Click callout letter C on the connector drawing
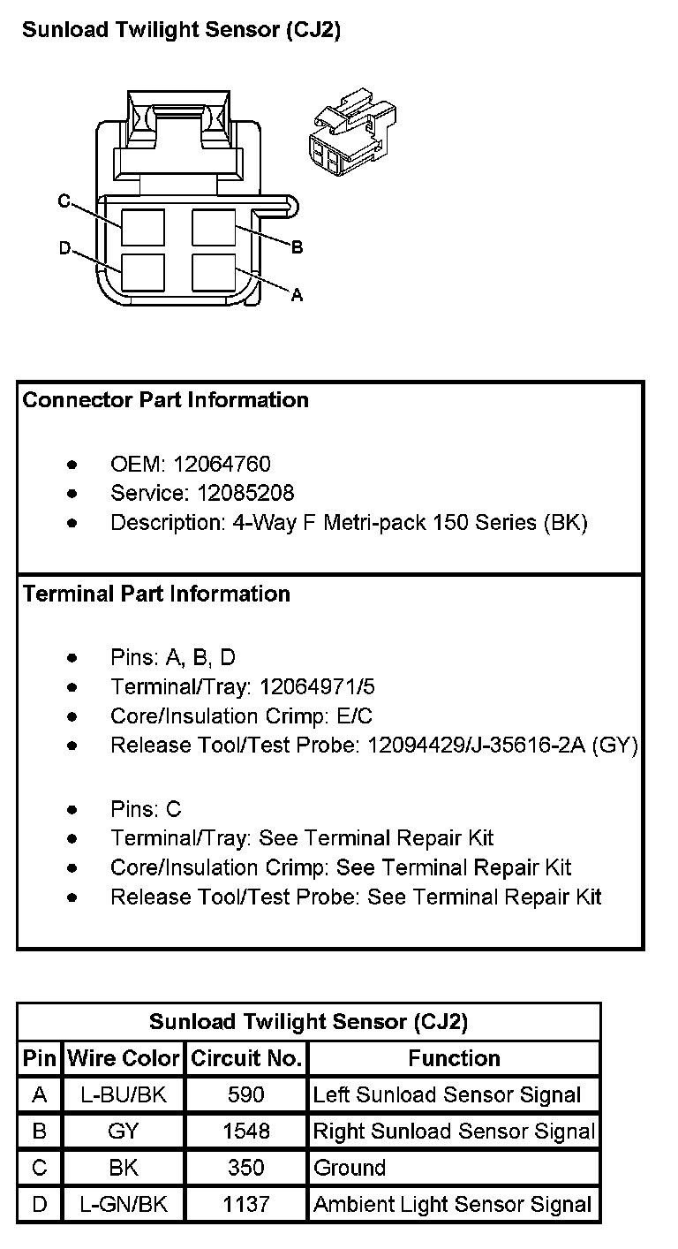[x=64, y=201]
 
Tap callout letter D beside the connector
[x=64, y=248]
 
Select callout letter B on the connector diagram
[x=297, y=247]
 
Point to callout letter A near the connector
[x=297, y=295]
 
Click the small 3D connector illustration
[x=350, y=135]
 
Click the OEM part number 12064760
[x=222, y=464]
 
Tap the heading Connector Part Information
[x=165, y=400]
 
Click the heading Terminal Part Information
[x=156, y=594]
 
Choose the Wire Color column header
[x=124, y=1057]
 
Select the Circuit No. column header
[x=246, y=1057]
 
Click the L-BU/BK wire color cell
[x=124, y=1095]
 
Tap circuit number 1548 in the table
[x=246, y=1132]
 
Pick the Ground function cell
[x=350, y=1168]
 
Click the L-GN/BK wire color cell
[x=124, y=1204]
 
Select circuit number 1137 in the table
[x=246, y=1204]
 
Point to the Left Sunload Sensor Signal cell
[x=447, y=1095]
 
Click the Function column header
[x=454, y=1057]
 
